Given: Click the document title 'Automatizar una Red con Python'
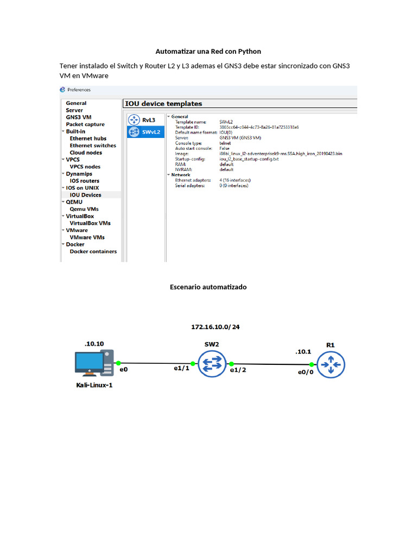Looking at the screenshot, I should click(x=208, y=52).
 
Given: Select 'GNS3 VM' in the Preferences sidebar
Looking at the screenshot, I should click(x=78, y=117).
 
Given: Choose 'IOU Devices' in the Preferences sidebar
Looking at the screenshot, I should click(x=85, y=195).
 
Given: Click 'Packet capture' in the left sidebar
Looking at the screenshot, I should click(x=85, y=124).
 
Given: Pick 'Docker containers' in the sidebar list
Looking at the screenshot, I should click(x=93, y=251).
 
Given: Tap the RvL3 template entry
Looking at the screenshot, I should click(x=148, y=119).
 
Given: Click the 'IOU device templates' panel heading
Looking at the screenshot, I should click(x=163, y=104).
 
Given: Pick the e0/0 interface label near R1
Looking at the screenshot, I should click(x=305, y=372).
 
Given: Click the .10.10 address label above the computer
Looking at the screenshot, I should click(x=93, y=344).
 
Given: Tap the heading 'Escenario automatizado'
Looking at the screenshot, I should click(x=208, y=287).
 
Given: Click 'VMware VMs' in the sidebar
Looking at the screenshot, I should click(x=87, y=237).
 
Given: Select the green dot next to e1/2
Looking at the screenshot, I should click(x=231, y=364).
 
